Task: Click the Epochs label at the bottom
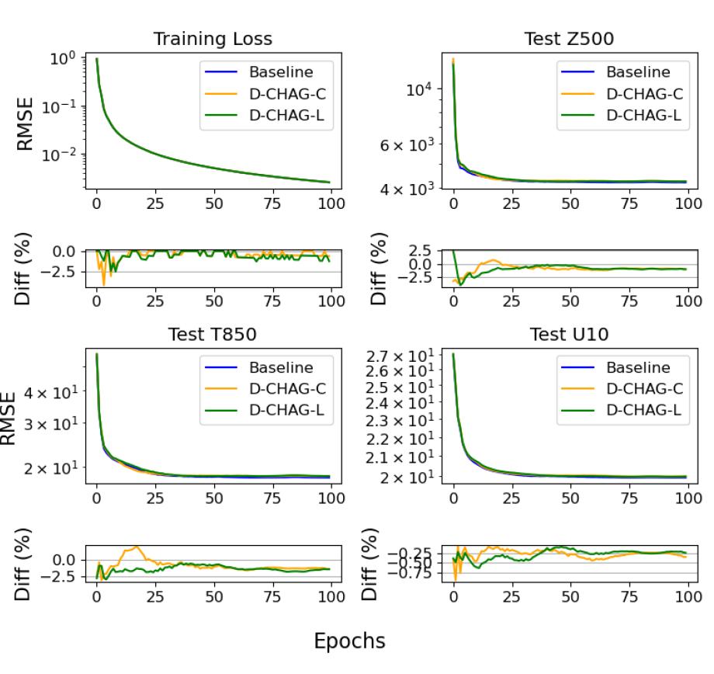(x=348, y=641)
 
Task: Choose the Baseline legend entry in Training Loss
(x=280, y=72)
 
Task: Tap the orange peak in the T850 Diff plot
(x=137, y=547)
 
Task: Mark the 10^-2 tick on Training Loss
(x=64, y=154)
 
